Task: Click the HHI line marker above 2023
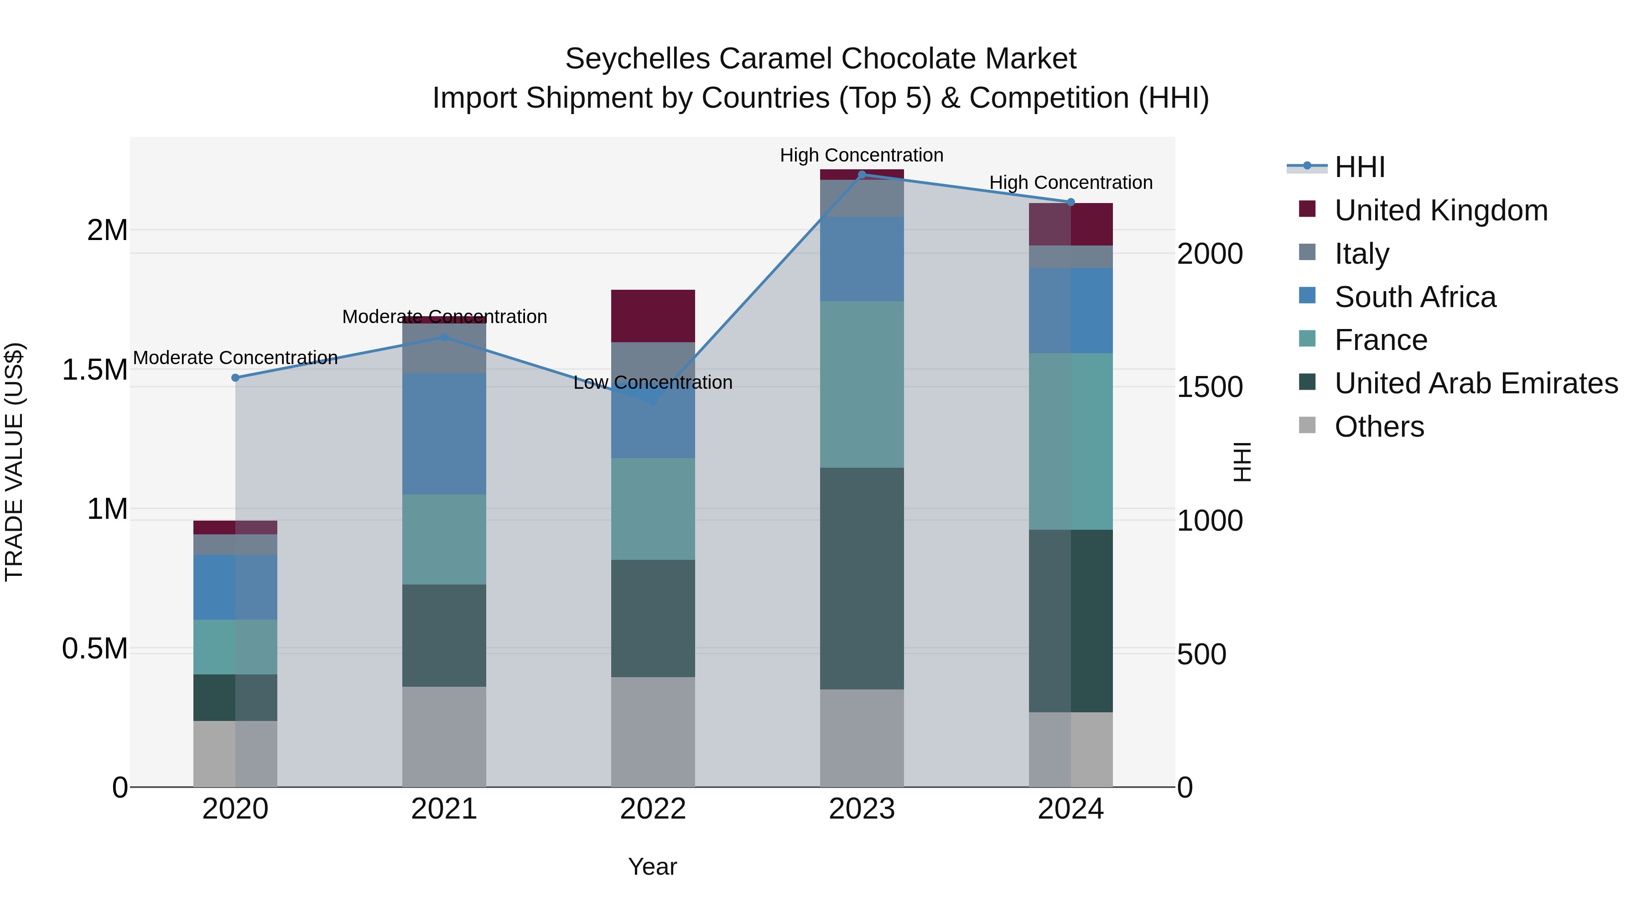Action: click(862, 174)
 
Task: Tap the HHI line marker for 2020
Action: click(235, 377)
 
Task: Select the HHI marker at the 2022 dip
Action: click(653, 402)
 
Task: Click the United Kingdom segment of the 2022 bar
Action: click(653, 316)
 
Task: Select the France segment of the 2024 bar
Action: click(1071, 441)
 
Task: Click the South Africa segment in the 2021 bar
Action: click(444, 433)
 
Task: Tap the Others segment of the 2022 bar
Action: click(653, 731)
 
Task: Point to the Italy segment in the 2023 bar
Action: click(862, 198)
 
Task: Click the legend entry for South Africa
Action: click(1415, 297)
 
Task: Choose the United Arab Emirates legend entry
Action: click(1476, 383)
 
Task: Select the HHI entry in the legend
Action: click(1359, 167)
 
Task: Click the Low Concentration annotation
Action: click(653, 383)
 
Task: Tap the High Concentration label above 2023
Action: click(862, 155)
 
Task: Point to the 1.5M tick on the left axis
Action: click(95, 370)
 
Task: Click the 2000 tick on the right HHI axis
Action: click(1209, 254)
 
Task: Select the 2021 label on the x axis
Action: click(444, 809)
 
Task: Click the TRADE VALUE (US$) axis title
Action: click(14, 462)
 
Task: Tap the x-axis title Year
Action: click(653, 867)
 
